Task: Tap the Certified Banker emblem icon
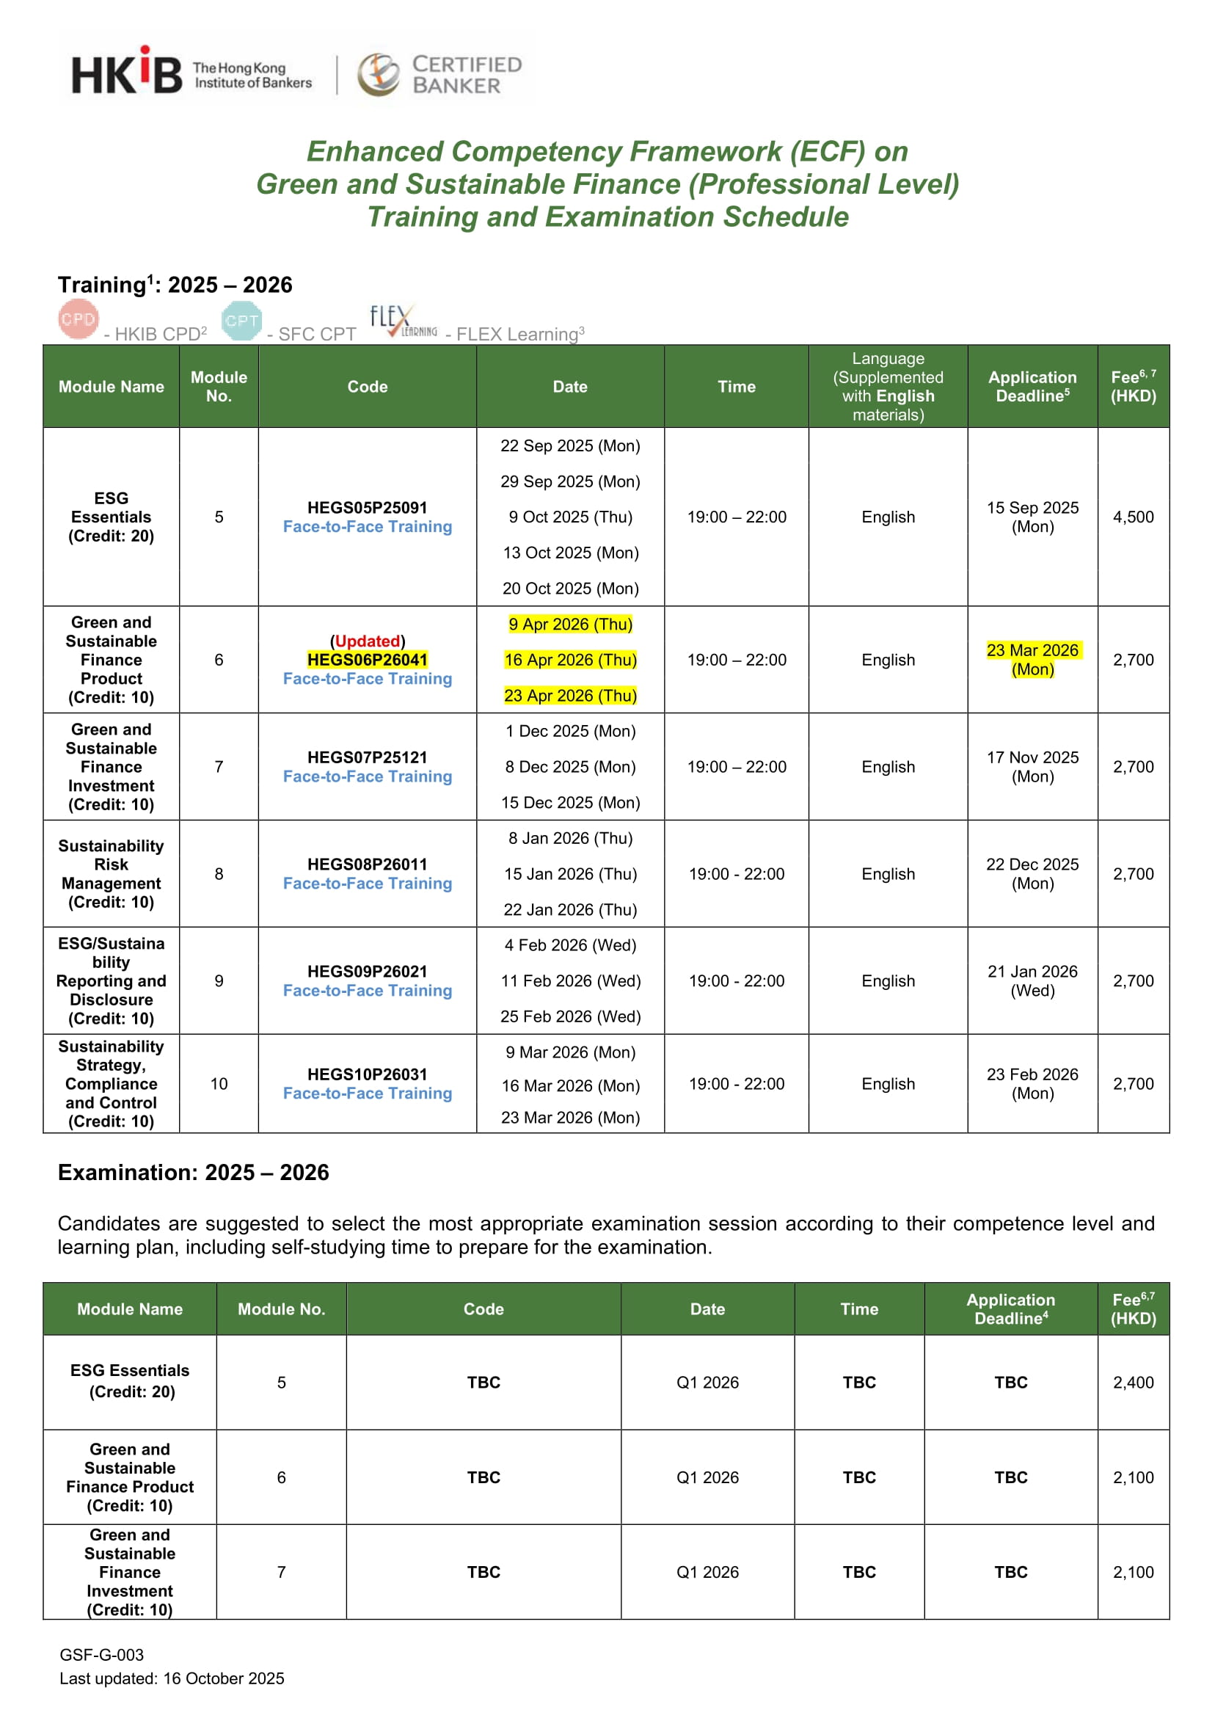point(379,74)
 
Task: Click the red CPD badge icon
point(78,319)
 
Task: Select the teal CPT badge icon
point(241,321)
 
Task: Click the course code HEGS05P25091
point(368,507)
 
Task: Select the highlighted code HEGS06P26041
point(368,660)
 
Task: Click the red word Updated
point(368,641)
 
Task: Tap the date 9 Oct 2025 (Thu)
point(570,517)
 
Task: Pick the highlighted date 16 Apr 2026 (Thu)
point(570,660)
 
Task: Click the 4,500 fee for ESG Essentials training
point(1133,517)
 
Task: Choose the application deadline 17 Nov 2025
point(1032,758)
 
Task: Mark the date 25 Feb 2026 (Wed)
point(570,1016)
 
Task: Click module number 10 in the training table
point(219,1083)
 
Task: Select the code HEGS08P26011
point(368,865)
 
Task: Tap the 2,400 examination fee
point(1133,1382)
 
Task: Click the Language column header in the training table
point(888,386)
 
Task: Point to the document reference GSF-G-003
point(102,1654)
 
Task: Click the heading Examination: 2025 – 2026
point(193,1173)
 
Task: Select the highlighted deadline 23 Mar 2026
point(1032,651)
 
